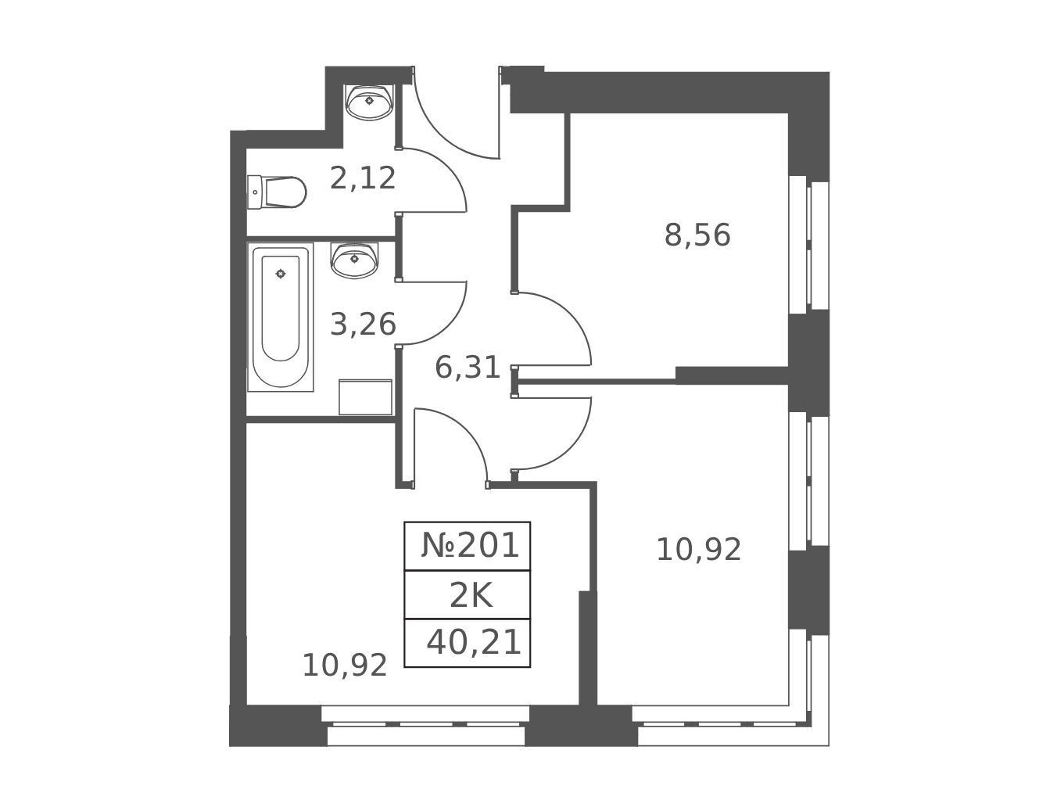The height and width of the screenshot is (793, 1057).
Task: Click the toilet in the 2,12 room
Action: (277, 192)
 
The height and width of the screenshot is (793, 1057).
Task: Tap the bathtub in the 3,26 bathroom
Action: (281, 317)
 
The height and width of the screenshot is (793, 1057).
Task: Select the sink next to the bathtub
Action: (354, 260)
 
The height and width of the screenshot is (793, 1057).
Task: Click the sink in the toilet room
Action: (369, 102)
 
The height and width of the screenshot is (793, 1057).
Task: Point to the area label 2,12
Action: (363, 178)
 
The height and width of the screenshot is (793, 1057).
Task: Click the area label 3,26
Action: (363, 324)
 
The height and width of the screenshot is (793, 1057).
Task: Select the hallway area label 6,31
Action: (468, 368)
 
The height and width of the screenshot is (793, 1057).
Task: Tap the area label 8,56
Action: (697, 235)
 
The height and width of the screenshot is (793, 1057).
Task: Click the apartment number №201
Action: (471, 546)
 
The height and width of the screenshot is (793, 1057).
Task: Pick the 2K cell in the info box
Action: (471, 596)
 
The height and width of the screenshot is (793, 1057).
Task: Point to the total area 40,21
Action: (474, 642)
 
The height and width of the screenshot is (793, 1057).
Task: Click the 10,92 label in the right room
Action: (699, 549)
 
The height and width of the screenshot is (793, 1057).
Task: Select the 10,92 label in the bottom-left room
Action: (345, 666)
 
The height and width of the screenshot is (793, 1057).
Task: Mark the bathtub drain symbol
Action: (281, 274)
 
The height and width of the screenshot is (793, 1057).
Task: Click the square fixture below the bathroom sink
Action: (366, 397)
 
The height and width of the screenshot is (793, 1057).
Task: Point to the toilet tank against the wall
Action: (254, 192)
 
